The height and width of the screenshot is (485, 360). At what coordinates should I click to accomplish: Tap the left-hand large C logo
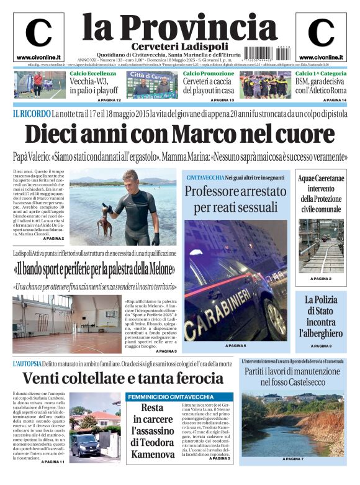point(38,34)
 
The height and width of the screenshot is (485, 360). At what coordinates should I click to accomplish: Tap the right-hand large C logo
point(321,34)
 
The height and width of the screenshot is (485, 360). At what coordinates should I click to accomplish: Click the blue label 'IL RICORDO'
point(31,114)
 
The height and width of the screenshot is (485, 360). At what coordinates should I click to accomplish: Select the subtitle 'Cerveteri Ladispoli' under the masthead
point(179,47)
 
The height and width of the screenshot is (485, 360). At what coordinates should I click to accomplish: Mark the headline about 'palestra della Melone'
point(94,270)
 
